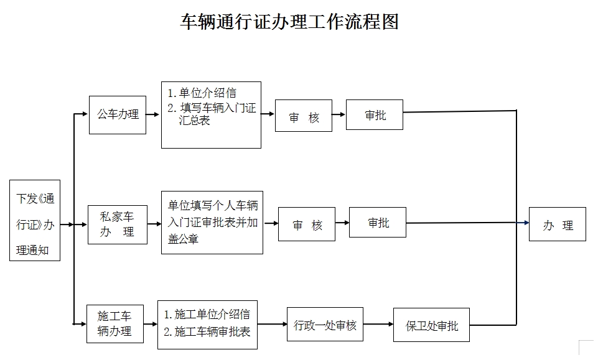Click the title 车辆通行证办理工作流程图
click(x=289, y=22)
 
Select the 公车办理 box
click(x=118, y=115)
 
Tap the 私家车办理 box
click(x=118, y=224)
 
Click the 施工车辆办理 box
click(x=115, y=323)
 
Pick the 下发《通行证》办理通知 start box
click(x=35, y=221)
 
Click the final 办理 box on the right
click(x=558, y=224)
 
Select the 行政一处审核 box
click(x=325, y=324)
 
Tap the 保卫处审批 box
click(x=431, y=325)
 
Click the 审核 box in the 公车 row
click(x=304, y=116)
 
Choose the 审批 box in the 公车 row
click(x=375, y=114)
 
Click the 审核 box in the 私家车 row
click(x=307, y=224)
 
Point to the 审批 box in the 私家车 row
click(x=378, y=222)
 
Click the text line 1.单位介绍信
click(x=202, y=93)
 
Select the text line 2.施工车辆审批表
click(x=207, y=332)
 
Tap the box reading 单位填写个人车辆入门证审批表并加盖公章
click(x=212, y=222)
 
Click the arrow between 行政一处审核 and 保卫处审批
click(x=378, y=324)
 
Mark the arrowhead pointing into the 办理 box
click(x=525, y=222)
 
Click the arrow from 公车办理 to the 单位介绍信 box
click(x=154, y=114)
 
